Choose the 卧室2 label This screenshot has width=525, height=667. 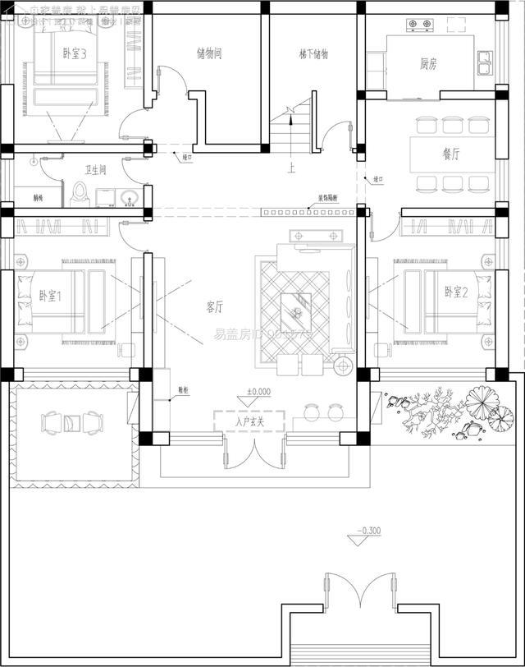456,292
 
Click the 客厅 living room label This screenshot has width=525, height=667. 215,307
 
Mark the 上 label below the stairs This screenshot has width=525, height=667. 291,168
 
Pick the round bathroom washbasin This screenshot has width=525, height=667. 128,197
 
